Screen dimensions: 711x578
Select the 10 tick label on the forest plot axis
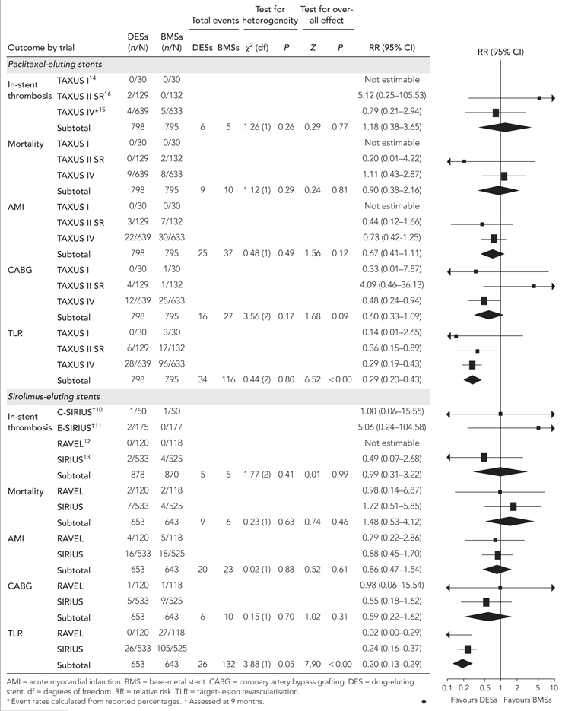[554, 687]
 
